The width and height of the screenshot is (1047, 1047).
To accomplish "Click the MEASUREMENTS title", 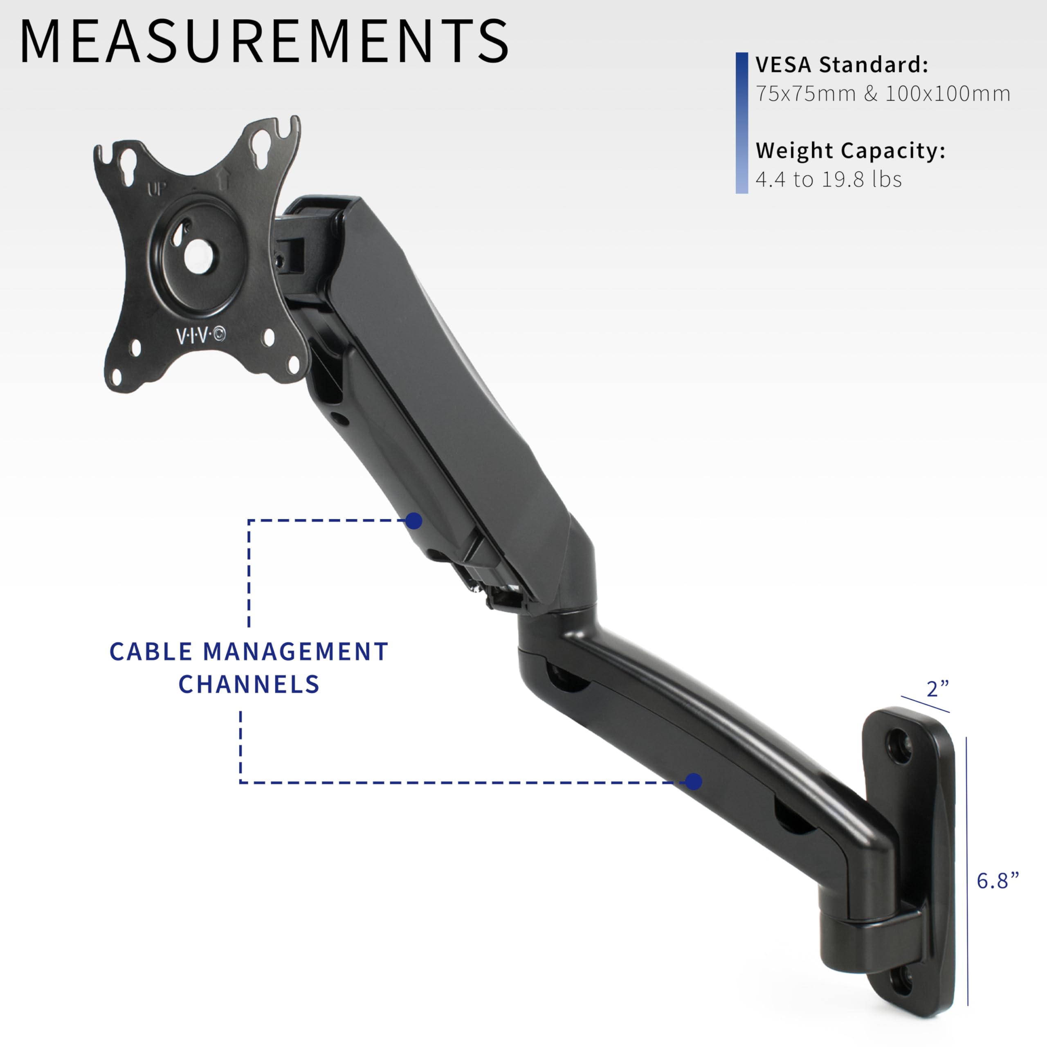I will (x=264, y=42).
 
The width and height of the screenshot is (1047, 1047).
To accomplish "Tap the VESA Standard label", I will (x=842, y=65).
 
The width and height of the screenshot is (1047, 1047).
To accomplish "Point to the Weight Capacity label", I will (x=850, y=151).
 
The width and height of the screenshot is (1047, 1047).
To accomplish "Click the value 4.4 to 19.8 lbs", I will (x=829, y=180).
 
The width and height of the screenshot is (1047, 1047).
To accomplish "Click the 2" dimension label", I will (x=937, y=689).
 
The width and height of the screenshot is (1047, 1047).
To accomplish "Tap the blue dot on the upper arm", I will (x=414, y=521).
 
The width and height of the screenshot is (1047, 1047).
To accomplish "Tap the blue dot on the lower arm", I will (x=694, y=782).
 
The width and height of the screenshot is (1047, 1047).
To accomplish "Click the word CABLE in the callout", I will (x=151, y=652).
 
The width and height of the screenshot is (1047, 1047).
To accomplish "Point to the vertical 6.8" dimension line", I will (x=967, y=867).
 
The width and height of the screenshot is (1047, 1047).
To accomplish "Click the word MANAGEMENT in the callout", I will (x=295, y=652).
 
